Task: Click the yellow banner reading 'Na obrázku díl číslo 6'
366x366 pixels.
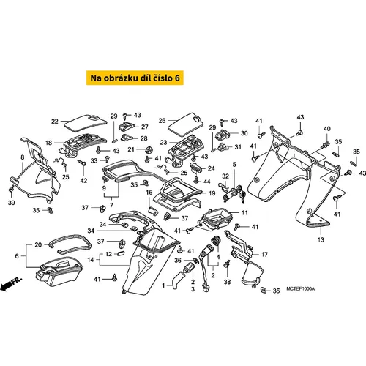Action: point(135,78)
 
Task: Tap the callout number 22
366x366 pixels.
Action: point(55,122)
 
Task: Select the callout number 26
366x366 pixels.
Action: point(162,121)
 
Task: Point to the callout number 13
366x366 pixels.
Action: point(321,239)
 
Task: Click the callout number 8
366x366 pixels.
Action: point(23,157)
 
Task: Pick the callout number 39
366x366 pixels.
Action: point(12,203)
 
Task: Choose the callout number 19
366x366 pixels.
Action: point(212,193)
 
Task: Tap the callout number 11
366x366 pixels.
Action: point(244,213)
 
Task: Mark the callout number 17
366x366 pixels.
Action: point(264,255)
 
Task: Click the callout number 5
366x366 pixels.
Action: point(234,165)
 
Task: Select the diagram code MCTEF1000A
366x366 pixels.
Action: point(301,289)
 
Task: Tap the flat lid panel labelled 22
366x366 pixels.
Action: point(86,123)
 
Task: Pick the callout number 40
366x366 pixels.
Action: point(327,129)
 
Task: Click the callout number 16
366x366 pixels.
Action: point(149,193)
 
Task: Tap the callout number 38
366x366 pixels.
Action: point(227,282)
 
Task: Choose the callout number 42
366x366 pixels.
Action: point(83,181)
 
